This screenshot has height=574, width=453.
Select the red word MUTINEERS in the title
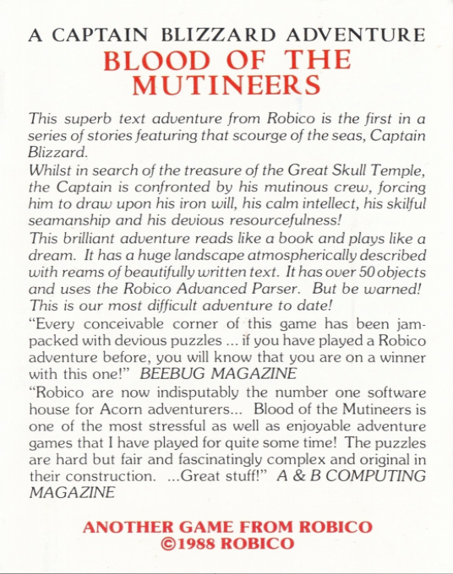pyautogui.click(x=226, y=86)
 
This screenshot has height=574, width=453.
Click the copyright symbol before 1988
pyautogui.click(x=166, y=544)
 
